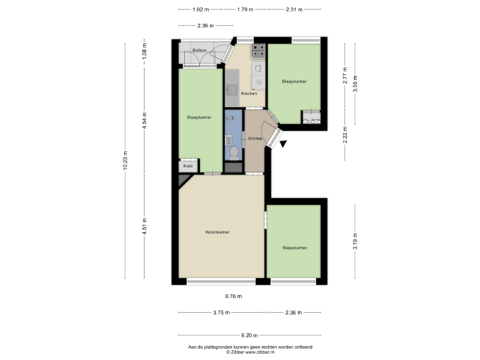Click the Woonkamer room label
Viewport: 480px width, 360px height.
(218, 232)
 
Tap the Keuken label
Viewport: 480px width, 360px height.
(249, 93)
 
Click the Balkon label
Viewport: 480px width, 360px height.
(199, 51)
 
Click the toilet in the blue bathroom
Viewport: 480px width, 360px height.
(233, 152)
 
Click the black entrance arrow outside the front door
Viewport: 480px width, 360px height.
(283, 143)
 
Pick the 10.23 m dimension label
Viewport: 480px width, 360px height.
(125, 161)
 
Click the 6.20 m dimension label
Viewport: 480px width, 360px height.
(249, 335)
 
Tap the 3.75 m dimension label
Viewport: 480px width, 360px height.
(221, 313)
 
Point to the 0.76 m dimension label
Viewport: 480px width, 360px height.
(233, 296)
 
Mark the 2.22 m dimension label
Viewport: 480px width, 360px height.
(345, 137)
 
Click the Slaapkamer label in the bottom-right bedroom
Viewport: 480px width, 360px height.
(295, 247)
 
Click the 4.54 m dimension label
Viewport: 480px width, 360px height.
(145, 121)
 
